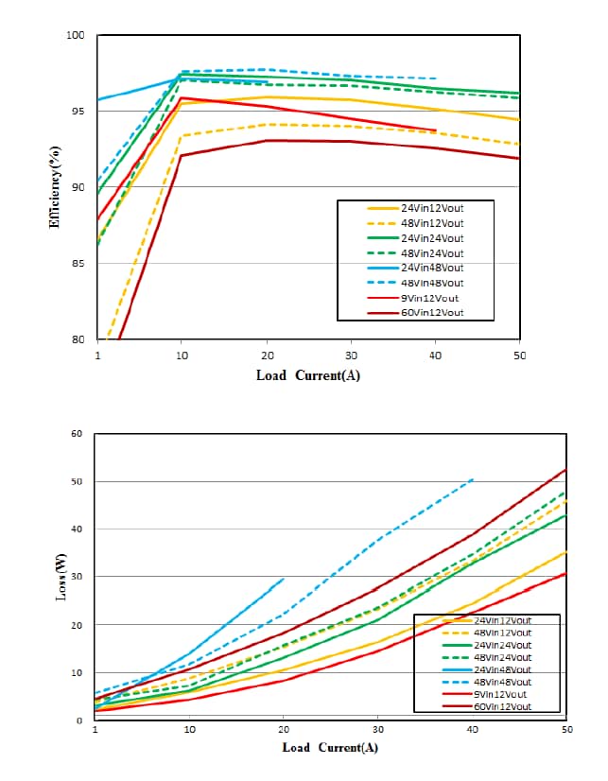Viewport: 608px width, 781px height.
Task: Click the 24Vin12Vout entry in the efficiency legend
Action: (x=431, y=208)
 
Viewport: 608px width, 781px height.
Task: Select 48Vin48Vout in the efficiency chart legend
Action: (x=431, y=283)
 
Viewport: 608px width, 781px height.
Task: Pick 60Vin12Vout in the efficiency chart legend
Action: (x=431, y=312)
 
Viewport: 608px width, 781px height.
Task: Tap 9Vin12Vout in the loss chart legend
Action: (x=502, y=694)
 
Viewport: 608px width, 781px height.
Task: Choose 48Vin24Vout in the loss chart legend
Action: (x=502, y=657)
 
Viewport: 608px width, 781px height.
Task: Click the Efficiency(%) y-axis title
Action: (x=55, y=186)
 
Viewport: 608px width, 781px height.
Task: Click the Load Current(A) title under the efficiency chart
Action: (x=308, y=375)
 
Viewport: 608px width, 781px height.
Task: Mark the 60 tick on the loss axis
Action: (x=78, y=434)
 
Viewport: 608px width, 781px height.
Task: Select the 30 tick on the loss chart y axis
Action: (x=78, y=578)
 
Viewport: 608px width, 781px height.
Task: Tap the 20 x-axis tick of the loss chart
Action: (x=284, y=730)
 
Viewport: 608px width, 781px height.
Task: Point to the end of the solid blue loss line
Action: (x=284, y=579)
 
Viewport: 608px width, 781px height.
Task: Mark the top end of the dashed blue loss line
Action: (x=473, y=479)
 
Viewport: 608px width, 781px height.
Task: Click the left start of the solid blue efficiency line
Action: (x=97, y=99)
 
